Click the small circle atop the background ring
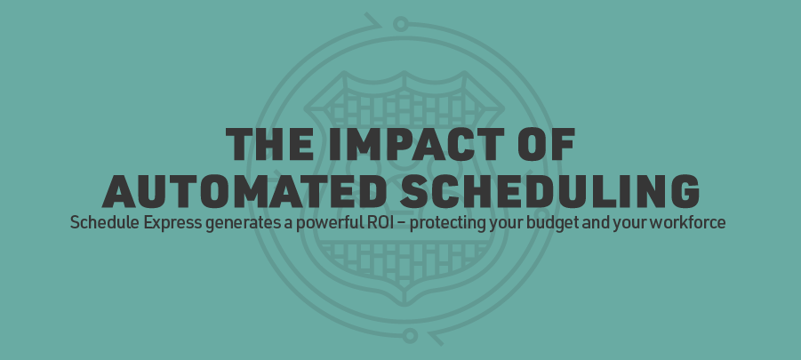point(400,22)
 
